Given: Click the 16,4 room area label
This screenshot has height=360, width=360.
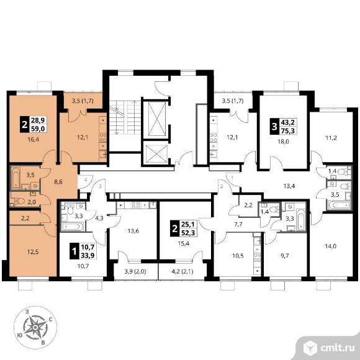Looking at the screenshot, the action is [x=34, y=140].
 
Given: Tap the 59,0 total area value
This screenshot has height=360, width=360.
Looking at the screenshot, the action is [x=38, y=128].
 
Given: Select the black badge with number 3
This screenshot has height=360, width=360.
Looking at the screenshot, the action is [x=274, y=126].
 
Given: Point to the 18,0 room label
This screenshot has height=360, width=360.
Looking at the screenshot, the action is [x=283, y=142].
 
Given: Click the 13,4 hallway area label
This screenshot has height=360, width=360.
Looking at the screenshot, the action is [x=289, y=186].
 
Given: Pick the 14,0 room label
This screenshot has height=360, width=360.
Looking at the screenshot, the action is [x=331, y=246].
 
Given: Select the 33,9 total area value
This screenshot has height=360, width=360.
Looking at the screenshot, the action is [x=88, y=255].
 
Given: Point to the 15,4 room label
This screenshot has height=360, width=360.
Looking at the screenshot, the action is [x=184, y=243].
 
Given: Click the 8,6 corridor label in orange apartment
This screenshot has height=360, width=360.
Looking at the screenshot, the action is [x=58, y=182].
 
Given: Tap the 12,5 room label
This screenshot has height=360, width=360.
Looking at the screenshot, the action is [x=33, y=252].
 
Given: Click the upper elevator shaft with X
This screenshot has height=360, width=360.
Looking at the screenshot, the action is [x=157, y=119].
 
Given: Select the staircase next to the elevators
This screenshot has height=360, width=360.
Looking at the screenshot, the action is [x=125, y=117].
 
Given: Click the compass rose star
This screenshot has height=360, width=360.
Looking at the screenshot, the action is [x=35, y=327].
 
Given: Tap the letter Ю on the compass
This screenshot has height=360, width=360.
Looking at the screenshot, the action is [x=20, y=335].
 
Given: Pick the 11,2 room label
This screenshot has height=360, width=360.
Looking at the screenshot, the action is [x=331, y=138].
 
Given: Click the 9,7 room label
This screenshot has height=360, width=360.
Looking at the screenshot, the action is [x=285, y=256].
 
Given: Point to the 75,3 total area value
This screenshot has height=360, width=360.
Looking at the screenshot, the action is [x=288, y=131].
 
